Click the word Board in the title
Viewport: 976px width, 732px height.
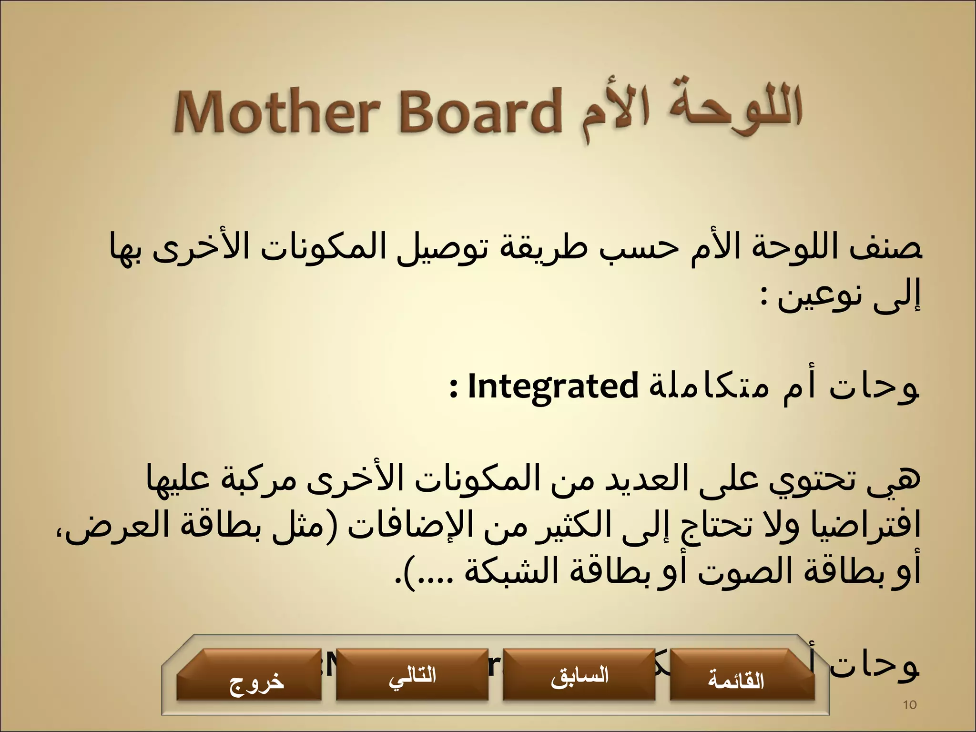[479, 113]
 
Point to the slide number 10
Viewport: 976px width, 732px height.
[910, 705]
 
